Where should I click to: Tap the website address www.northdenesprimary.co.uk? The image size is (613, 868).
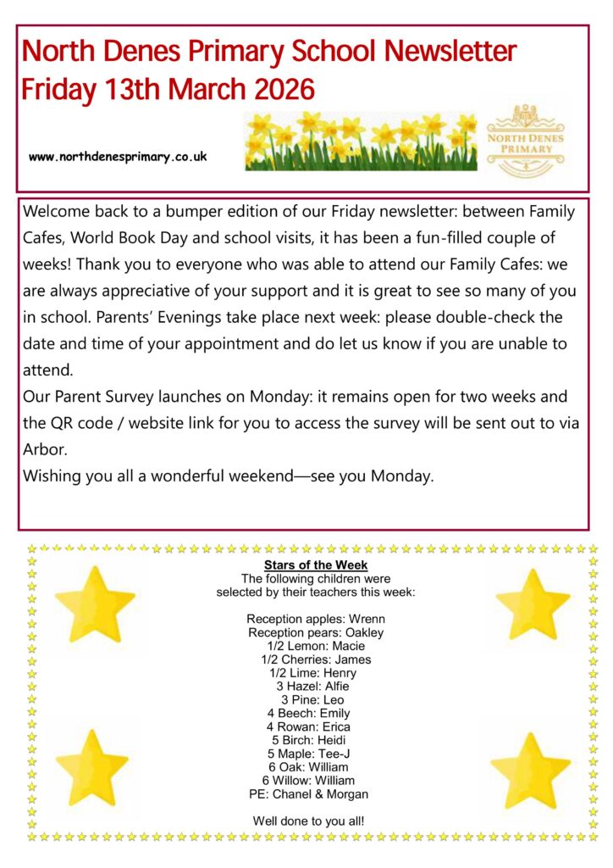(118, 157)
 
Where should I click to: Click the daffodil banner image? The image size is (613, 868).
(361, 141)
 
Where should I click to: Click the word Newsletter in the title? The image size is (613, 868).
(450, 52)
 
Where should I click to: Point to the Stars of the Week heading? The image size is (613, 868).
(316, 565)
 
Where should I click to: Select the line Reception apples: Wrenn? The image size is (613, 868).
(316, 619)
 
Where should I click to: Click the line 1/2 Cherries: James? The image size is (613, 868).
(316, 659)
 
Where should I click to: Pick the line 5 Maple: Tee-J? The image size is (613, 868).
(316, 754)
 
